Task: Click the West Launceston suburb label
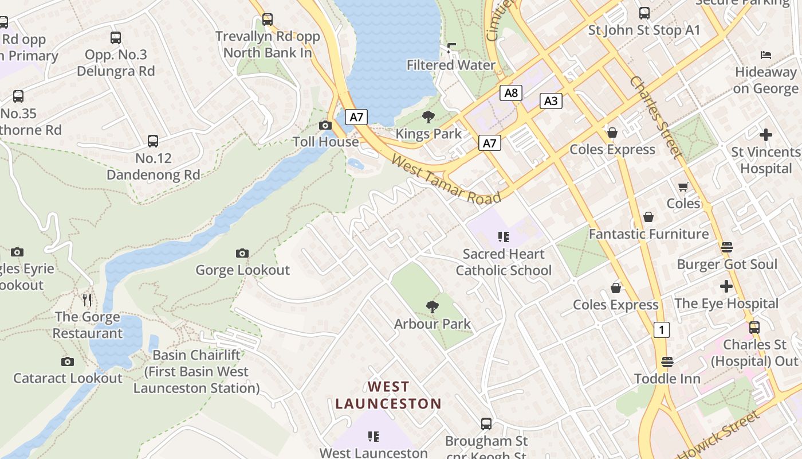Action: pyautogui.click(x=388, y=395)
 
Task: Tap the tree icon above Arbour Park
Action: pyautogui.click(x=433, y=307)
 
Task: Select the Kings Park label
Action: pyautogui.click(x=428, y=134)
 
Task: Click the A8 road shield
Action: pyautogui.click(x=510, y=93)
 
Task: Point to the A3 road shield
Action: pyautogui.click(x=550, y=101)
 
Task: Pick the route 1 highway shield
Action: pyautogui.click(x=662, y=330)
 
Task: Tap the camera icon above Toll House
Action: pyautogui.click(x=325, y=125)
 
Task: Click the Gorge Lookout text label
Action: pyautogui.click(x=243, y=270)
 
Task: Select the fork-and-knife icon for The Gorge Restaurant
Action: pyautogui.click(x=87, y=299)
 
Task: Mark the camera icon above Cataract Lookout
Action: pyautogui.click(x=68, y=361)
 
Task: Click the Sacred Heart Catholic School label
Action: pyautogui.click(x=504, y=262)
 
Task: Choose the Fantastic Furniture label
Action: pyautogui.click(x=648, y=234)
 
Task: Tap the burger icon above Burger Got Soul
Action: pyautogui.click(x=727, y=247)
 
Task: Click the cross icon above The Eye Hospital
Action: pyautogui.click(x=726, y=286)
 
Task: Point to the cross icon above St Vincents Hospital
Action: pyautogui.click(x=765, y=135)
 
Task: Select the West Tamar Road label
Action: pyautogui.click(x=446, y=178)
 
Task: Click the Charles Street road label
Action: pyautogui.click(x=656, y=118)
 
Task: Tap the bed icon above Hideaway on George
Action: pyautogui.click(x=766, y=55)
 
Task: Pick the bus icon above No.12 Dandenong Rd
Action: pyautogui.click(x=153, y=141)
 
